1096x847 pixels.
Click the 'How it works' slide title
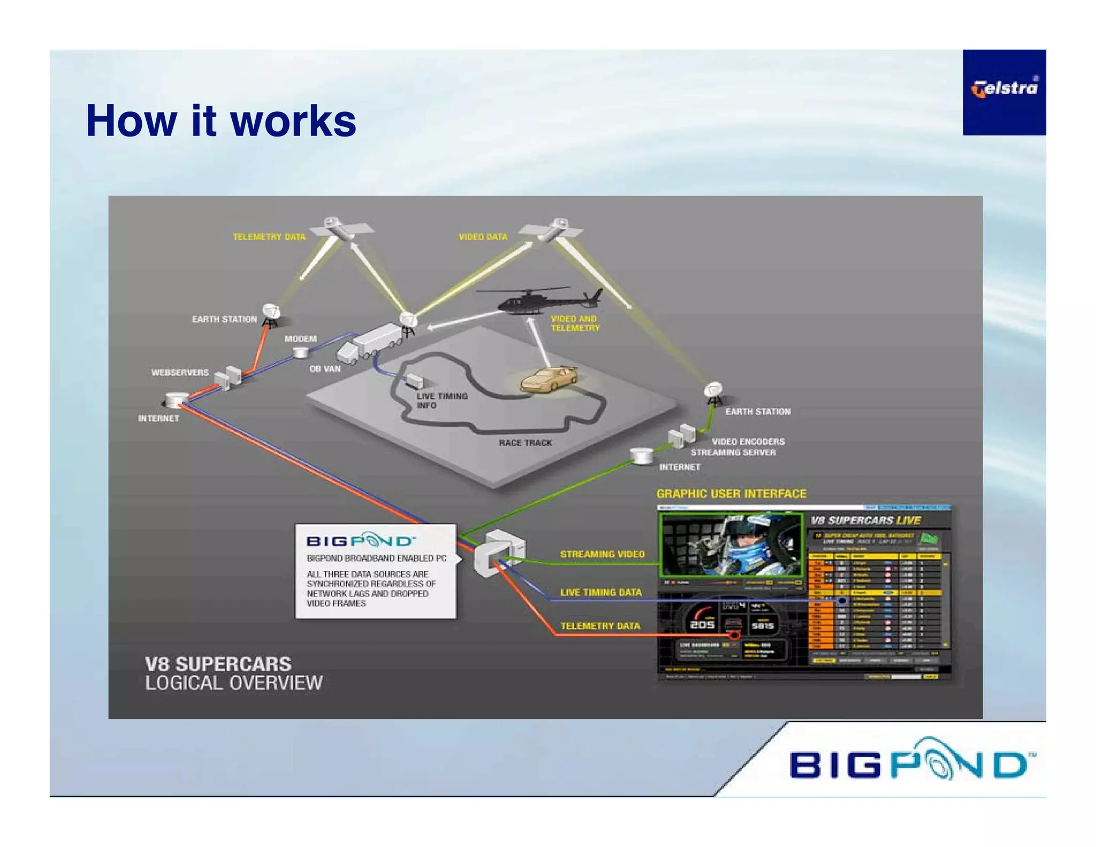coord(220,122)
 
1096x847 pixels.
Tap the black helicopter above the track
coord(538,301)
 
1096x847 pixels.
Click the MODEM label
coord(300,339)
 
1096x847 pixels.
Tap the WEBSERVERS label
coord(180,373)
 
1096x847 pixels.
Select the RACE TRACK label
coord(525,443)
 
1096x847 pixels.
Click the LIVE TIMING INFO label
coord(442,400)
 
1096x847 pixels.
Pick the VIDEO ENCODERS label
coord(748,442)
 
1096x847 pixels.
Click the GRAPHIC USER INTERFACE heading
coord(731,494)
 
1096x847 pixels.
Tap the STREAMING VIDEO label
coord(602,554)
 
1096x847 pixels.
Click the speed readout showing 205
coord(702,624)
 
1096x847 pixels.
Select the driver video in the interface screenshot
coord(731,544)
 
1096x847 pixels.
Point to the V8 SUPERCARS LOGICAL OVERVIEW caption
coord(233,674)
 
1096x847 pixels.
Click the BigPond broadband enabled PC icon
coord(499,553)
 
